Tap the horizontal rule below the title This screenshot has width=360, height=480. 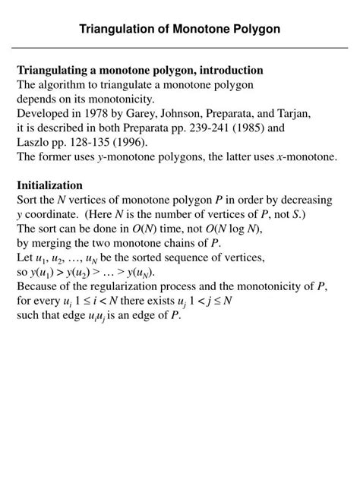[x=180, y=49]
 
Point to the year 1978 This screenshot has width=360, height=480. [x=97, y=113]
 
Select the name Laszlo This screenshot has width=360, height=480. [x=34, y=142]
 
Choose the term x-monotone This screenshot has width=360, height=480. [x=305, y=156]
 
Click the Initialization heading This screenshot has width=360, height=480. [x=49, y=185]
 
